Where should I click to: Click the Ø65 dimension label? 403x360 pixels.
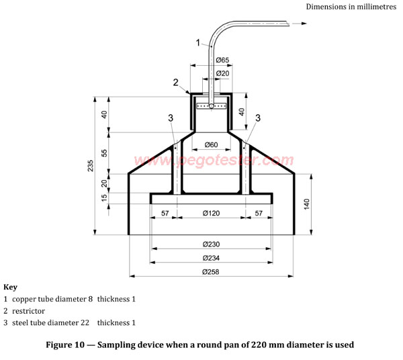[222, 60]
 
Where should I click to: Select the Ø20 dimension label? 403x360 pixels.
[222, 73]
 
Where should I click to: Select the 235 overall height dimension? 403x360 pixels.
[91, 166]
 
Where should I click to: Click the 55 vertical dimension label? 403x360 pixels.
[105, 152]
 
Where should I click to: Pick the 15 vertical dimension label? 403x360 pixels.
[105, 199]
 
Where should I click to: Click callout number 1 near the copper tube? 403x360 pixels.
[198, 42]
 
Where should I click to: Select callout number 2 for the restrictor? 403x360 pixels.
[175, 83]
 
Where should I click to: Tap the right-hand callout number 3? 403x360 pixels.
[258, 118]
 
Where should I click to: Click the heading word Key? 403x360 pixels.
[10, 287]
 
